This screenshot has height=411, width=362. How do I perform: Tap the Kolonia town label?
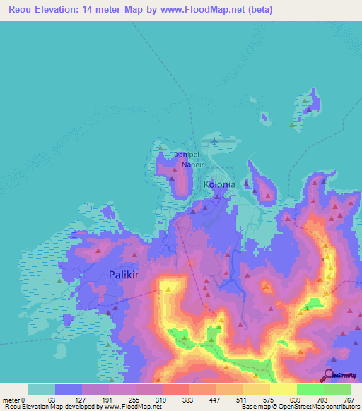pos(218,185)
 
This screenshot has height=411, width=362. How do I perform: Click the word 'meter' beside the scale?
pos(11,400)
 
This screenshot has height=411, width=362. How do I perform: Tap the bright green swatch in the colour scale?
pos(310,389)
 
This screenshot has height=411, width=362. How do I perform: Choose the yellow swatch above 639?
pos(283,389)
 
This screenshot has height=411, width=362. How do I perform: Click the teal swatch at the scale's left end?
pos(42,389)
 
